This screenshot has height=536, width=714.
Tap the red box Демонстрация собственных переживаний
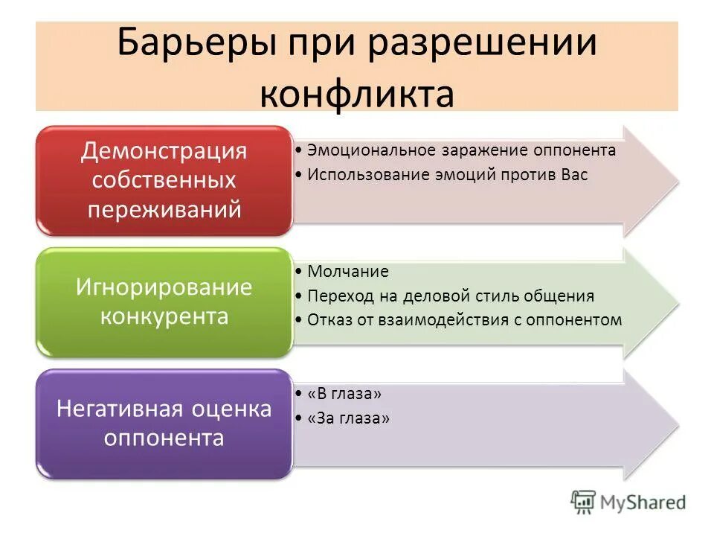[164, 181]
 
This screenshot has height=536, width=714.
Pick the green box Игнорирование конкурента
[164, 301]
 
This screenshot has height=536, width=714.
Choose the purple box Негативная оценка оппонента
[164, 423]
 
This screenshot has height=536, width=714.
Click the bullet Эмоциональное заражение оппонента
[461, 150]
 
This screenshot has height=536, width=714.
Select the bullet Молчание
[348, 272]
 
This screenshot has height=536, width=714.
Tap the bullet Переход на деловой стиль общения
[451, 296]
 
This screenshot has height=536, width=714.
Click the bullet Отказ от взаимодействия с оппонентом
[464, 320]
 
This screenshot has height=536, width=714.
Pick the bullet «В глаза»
[344, 393]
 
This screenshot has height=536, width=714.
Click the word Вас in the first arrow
[574, 176]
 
